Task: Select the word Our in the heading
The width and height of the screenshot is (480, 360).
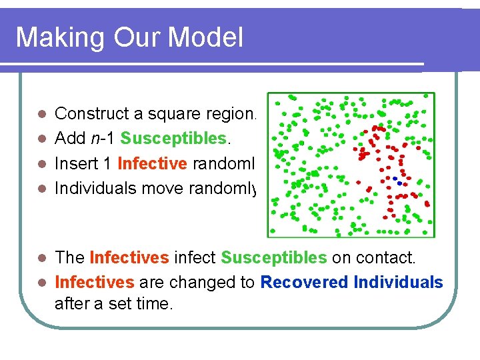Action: click(133, 38)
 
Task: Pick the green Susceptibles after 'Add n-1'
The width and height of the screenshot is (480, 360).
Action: click(172, 139)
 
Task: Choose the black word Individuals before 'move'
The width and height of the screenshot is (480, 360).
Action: click(93, 188)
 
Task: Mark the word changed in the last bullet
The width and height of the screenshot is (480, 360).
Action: click(203, 282)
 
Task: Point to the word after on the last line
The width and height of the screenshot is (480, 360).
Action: click(73, 304)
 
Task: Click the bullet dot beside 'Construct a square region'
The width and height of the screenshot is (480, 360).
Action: click(41, 115)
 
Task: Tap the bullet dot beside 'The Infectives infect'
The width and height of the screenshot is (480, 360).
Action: click(41, 258)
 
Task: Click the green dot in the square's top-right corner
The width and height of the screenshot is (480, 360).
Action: click(427, 99)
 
